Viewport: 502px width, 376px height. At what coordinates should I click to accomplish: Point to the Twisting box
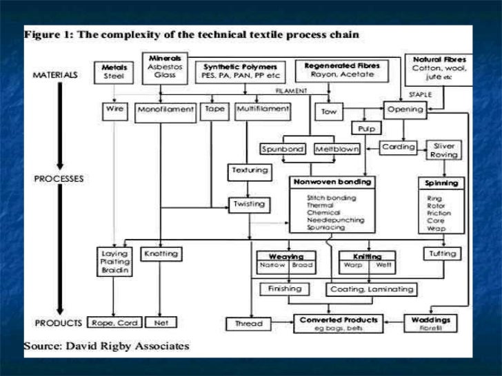point(249,205)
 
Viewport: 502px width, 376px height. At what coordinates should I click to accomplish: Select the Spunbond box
point(283,149)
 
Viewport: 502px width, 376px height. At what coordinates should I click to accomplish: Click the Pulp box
point(365,128)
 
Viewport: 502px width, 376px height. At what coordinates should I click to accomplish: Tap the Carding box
point(399,147)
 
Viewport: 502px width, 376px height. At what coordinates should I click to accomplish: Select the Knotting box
point(161,254)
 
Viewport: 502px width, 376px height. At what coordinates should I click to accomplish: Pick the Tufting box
point(441,254)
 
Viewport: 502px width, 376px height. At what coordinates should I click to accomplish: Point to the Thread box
point(246,322)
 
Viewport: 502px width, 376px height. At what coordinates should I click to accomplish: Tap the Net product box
point(161,322)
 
